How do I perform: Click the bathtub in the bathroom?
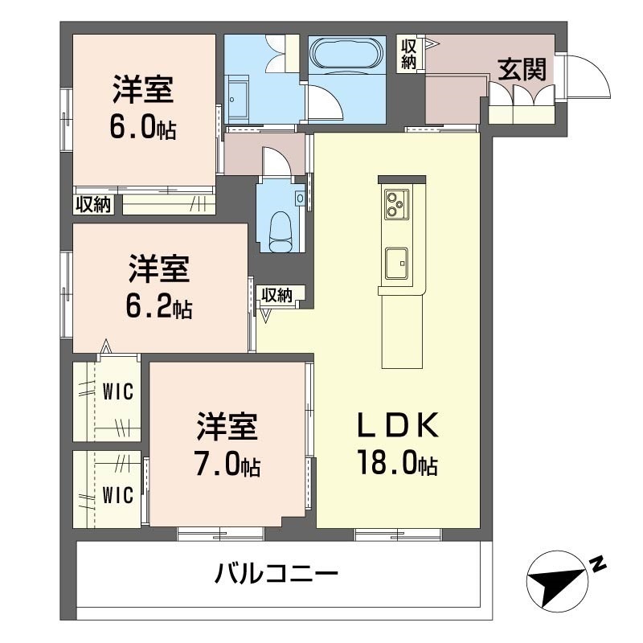coord(347,55)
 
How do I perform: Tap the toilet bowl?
coord(280,231)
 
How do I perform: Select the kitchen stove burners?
coord(395,205)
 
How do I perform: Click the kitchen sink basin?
coord(396,263)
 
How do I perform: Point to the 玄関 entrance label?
coord(522,69)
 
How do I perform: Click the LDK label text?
coord(398,426)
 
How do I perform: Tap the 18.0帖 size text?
coord(398,462)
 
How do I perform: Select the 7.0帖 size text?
coord(227,463)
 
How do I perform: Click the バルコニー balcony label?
coord(276,574)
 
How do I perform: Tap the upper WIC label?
coord(118,391)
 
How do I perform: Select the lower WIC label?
coord(118,495)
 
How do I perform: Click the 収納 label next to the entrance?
coord(408,54)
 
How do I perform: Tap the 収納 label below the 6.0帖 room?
coord(94,204)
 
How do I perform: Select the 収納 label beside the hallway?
coord(277,295)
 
